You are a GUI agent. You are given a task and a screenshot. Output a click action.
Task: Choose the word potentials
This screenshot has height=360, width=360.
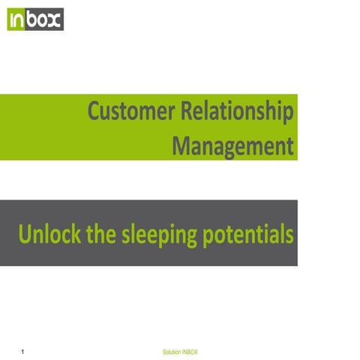tap(248, 235)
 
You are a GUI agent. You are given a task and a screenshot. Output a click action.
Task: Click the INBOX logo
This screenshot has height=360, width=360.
tap(35, 19)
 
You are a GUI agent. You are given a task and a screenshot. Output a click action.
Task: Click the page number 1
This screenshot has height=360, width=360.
tap(24, 351)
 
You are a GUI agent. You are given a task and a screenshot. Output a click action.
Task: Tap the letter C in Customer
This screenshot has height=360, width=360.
tap(95, 112)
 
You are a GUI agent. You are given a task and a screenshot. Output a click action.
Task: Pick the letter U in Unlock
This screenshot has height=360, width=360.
tap(25, 234)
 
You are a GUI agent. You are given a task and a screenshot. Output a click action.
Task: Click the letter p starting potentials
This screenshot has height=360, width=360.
tap(208, 237)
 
